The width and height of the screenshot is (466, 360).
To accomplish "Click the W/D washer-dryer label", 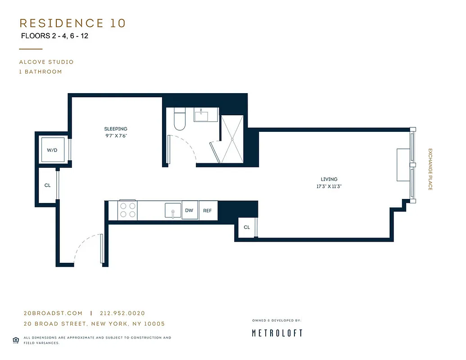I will [52, 150].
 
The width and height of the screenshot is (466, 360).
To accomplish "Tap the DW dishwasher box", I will [189, 211].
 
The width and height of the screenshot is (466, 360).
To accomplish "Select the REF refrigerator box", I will [208, 211].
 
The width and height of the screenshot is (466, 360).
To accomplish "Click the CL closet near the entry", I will [47, 185].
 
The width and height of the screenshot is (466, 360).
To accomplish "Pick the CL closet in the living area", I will [247, 227].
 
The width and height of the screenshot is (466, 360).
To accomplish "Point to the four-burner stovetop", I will [127, 211].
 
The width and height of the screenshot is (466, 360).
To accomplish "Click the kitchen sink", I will [173, 211].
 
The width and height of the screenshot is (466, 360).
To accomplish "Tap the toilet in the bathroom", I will [180, 118].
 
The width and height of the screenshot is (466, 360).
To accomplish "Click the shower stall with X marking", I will [232, 139].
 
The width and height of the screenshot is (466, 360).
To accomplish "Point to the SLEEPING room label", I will [116, 129].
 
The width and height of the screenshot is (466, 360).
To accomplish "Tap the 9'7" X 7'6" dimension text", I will [116, 135].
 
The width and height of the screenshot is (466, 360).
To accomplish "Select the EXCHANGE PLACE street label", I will [430, 169].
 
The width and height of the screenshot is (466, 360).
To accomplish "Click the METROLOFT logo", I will [277, 333].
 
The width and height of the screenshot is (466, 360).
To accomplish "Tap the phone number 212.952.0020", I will [122, 313].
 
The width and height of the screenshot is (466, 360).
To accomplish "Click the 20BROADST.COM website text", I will [53, 313].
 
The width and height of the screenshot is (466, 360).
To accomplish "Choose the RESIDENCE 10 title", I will [72, 23].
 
